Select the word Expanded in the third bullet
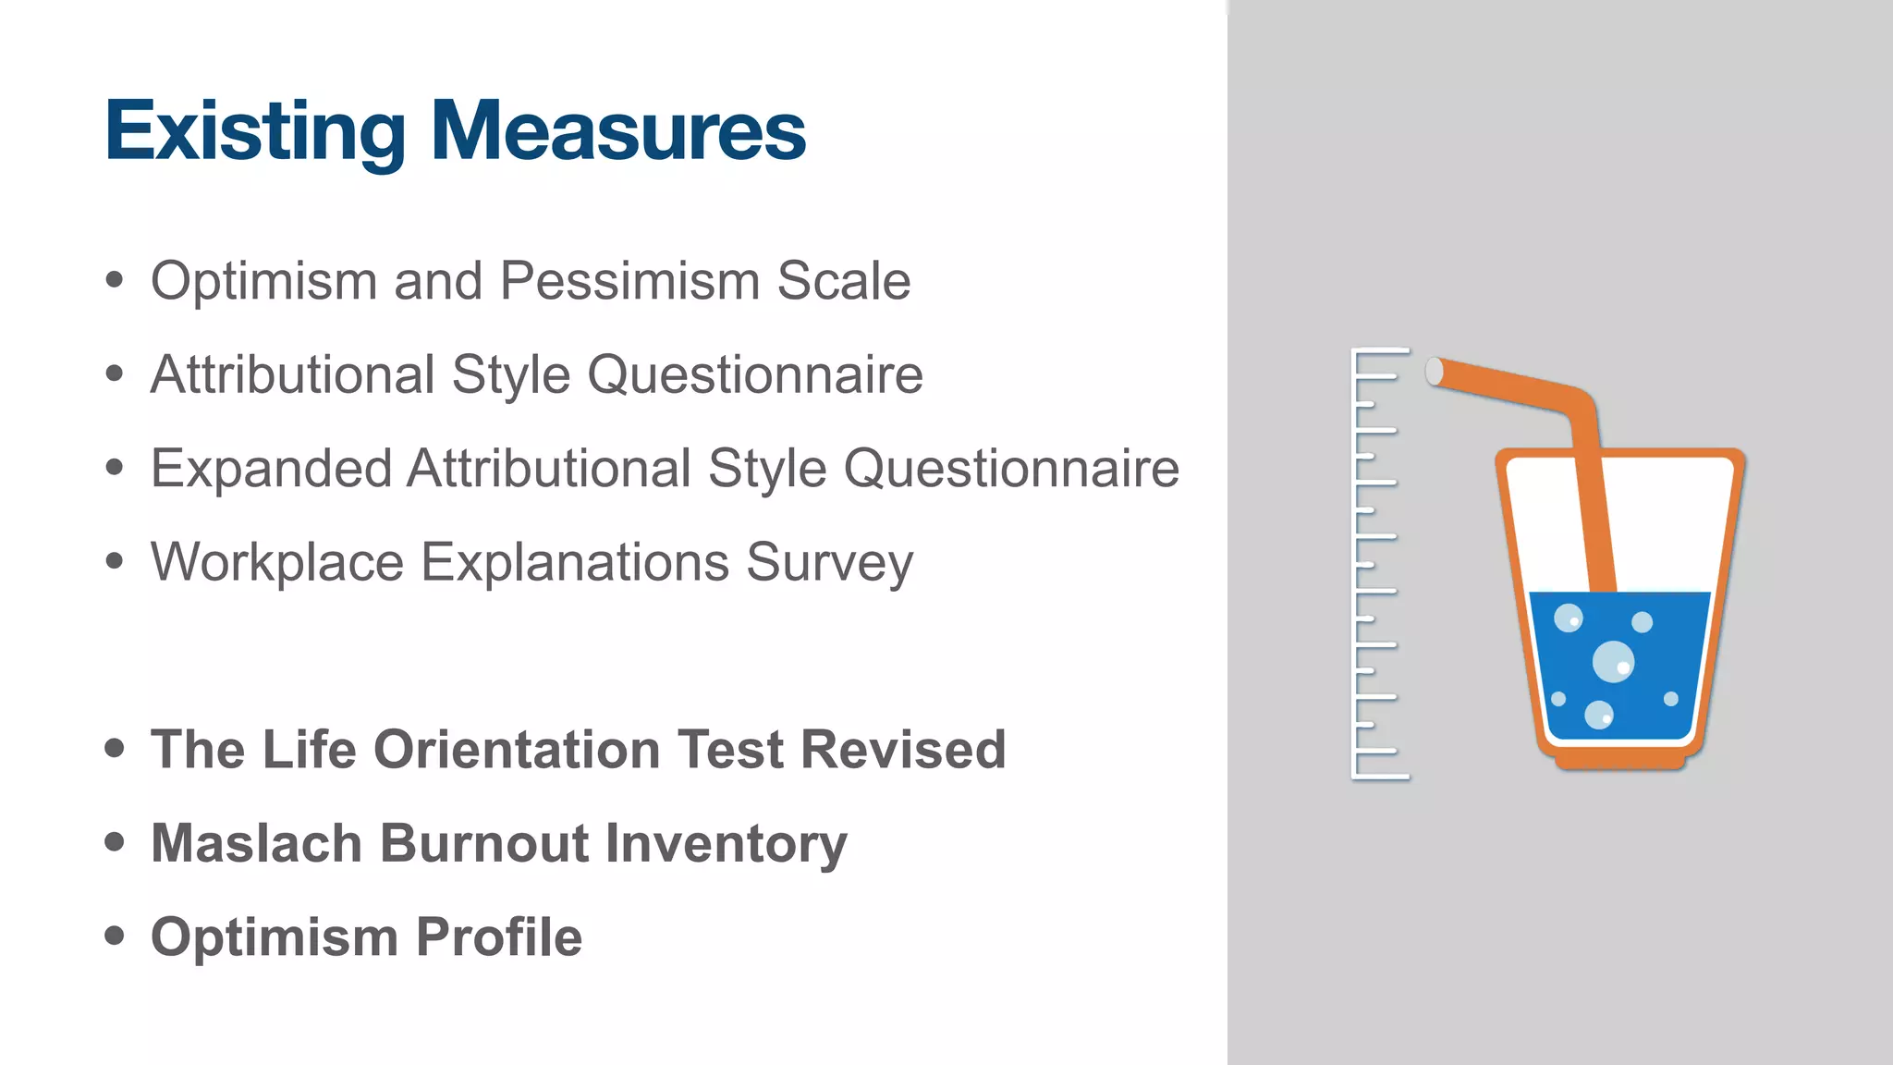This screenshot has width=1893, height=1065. (272, 469)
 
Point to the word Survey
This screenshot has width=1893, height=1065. (829, 562)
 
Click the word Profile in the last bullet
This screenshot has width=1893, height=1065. (499, 937)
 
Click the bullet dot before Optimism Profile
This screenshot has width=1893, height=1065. (115, 936)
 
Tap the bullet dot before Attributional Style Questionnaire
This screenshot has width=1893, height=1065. (115, 373)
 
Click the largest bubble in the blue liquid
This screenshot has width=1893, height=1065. (1613, 661)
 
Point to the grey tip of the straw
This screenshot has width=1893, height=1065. (1435, 371)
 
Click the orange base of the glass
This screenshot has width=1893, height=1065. (1619, 760)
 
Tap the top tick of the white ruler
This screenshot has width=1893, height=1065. (1382, 351)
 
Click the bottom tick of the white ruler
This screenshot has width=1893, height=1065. (1382, 776)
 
